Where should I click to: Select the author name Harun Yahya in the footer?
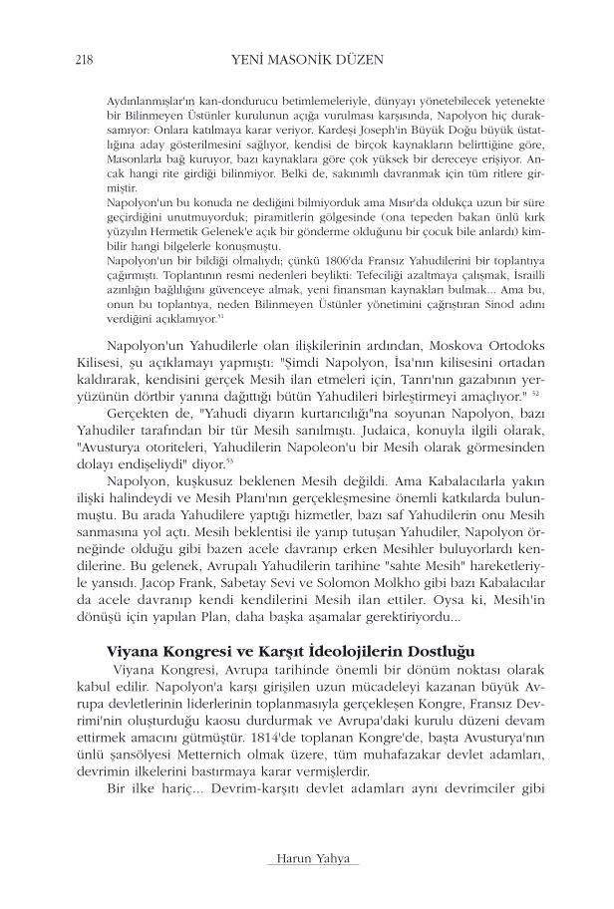(306, 859)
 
